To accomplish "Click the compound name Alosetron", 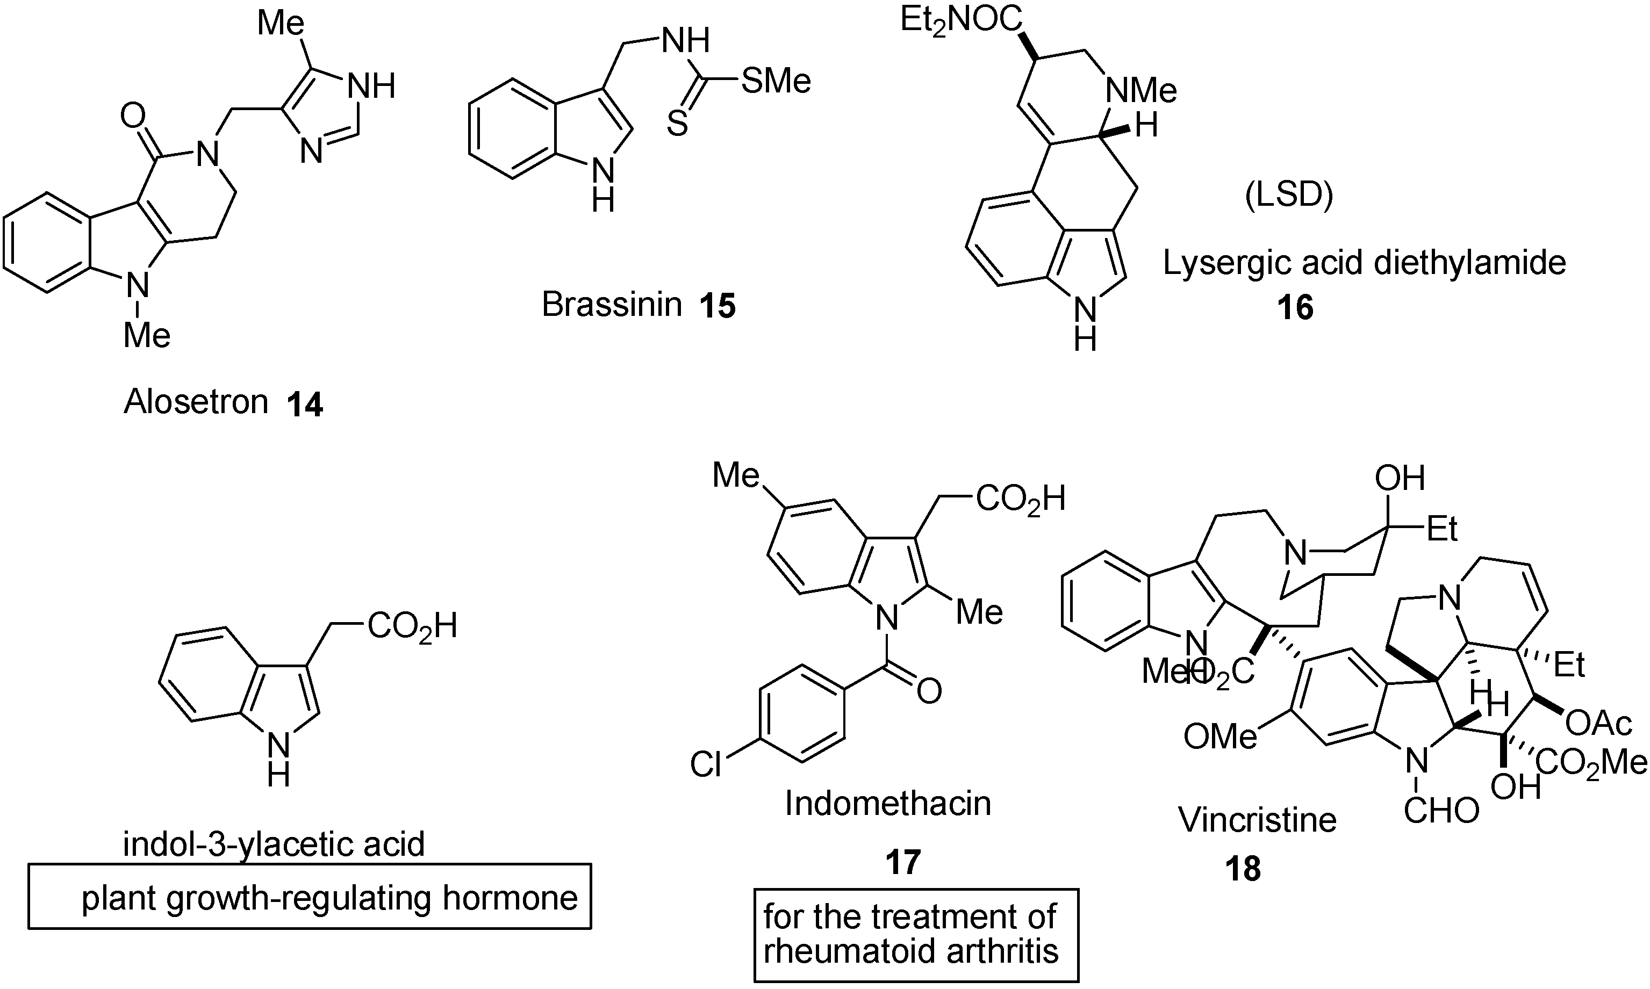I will point(196,401).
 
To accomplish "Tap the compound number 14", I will point(305,404).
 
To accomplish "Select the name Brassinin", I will point(611,305).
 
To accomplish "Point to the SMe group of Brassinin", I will point(776,81).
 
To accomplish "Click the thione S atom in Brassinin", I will point(677,124).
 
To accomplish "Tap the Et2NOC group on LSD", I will point(960,20).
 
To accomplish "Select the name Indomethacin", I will point(887,803).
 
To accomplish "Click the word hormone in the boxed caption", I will point(510,898).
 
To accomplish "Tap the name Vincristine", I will point(1257,819).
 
